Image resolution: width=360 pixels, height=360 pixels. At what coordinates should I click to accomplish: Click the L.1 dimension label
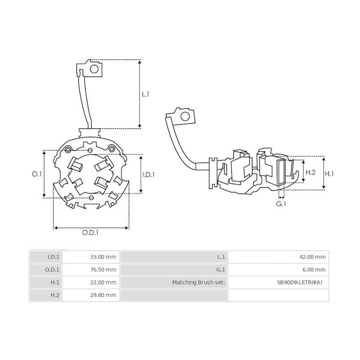tap(145, 94)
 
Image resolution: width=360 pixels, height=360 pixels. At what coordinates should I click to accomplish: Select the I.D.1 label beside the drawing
tap(148, 174)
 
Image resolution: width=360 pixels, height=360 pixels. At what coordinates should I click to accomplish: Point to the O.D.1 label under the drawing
tap(90, 233)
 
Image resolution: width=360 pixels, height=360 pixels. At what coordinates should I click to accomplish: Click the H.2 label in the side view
tap(310, 173)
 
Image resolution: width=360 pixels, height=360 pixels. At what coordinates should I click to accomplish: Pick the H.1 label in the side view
tap(330, 173)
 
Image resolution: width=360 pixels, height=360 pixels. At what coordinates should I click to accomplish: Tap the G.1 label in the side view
tap(281, 204)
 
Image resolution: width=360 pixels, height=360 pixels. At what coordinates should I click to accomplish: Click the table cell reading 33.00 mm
tap(103, 257)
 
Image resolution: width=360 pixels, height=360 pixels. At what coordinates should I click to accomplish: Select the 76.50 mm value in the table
tap(103, 270)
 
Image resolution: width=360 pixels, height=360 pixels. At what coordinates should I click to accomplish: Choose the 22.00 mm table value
tap(103, 283)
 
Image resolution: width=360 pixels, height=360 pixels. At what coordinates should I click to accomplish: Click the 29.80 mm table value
tap(103, 295)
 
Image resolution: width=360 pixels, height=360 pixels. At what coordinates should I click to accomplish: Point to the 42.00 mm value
tap(313, 257)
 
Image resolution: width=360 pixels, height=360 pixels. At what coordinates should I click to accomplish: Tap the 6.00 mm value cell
tap(314, 270)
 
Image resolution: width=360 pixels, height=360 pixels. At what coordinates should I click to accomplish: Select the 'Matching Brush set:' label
tap(199, 283)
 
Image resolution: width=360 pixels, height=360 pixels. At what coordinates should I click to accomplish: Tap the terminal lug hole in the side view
tap(185, 117)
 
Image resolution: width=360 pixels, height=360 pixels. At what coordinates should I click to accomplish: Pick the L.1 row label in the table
tap(220, 257)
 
